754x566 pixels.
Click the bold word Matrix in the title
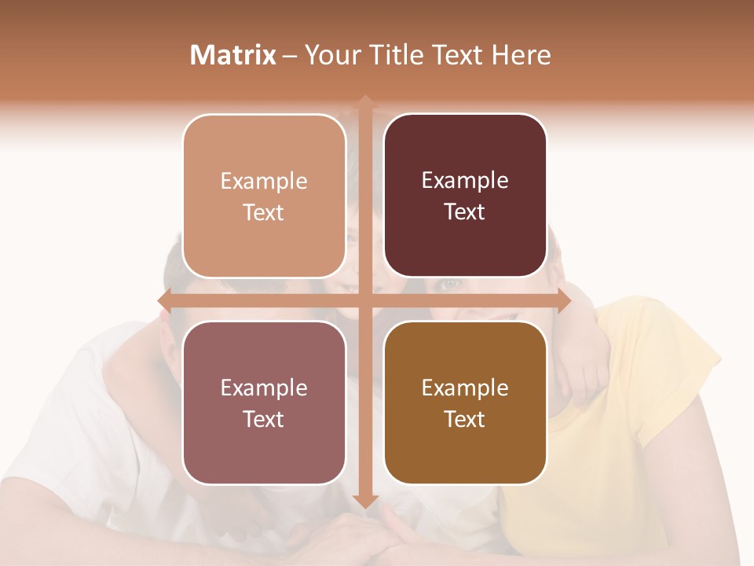click(233, 55)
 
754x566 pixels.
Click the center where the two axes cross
click(365, 300)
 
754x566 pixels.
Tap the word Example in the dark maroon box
click(465, 181)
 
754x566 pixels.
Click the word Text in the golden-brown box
click(465, 419)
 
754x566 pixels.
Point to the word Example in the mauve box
click(264, 388)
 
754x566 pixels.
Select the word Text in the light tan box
click(264, 212)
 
